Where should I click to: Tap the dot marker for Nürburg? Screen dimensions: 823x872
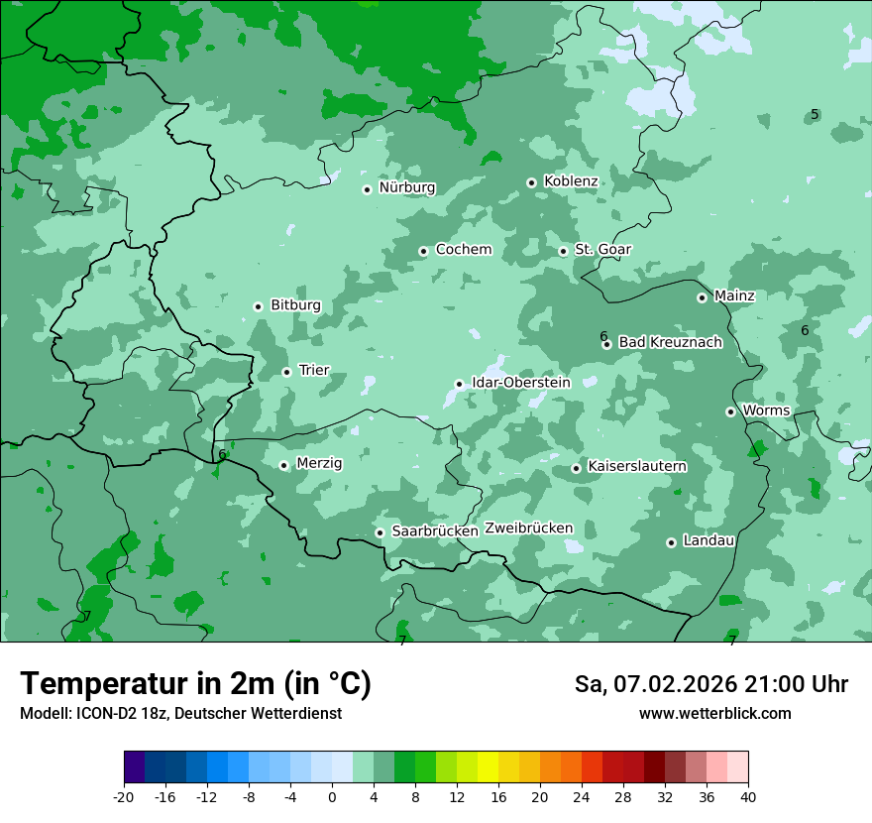[367, 189]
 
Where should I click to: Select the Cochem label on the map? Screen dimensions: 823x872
[463, 250]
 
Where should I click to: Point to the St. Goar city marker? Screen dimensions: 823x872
[563, 251]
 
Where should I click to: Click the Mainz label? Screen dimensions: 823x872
[734, 296]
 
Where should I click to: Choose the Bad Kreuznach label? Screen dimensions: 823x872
[670, 343]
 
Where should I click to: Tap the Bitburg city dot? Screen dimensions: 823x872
[258, 306]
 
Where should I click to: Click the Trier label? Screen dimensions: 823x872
[314, 371]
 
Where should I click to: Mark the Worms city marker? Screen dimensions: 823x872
[730, 411]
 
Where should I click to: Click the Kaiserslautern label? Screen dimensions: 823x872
[637, 466]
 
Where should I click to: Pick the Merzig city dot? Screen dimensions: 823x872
[283, 465]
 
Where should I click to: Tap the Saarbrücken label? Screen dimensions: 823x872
[435, 531]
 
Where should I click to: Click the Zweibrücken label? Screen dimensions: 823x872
[528, 529]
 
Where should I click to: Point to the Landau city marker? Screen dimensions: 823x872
[671, 542]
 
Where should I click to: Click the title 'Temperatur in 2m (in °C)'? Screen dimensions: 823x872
[196, 684]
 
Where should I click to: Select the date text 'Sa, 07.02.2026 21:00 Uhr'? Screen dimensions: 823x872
[710, 684]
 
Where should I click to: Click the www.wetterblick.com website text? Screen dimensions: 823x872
[714, 714]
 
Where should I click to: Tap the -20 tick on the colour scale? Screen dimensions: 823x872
[124, 797]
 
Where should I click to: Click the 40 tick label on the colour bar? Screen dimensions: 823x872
[748, 797]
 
